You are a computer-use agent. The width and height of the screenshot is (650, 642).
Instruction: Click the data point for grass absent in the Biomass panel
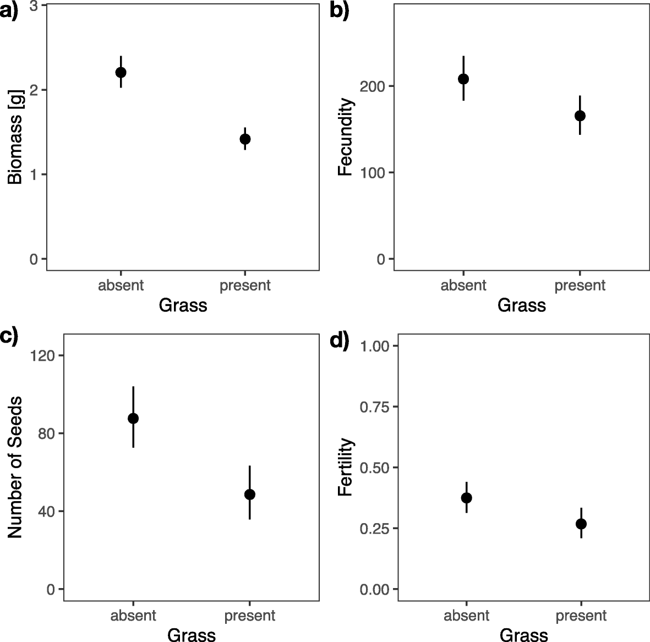[x=121, y=72]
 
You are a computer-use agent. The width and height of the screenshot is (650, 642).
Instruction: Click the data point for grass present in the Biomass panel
[x=245, y=139]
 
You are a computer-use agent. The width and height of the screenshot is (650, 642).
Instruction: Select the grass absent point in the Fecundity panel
[x=463, y=79]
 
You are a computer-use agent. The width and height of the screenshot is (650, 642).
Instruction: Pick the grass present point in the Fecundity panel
[x=580, y=116]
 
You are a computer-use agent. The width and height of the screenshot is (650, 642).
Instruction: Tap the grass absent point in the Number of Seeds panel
[x=133, y=418]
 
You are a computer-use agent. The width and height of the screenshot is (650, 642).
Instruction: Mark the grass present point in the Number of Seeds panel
[x=249, y=494]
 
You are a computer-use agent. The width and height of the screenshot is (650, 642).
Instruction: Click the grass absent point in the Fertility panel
[x=467, y=498]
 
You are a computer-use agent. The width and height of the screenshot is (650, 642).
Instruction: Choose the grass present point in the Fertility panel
[x=581, y=524]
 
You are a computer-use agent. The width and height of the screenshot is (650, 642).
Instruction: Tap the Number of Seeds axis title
[x=15, y=466]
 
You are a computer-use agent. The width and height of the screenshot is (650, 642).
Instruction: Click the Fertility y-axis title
[x=345, y=467]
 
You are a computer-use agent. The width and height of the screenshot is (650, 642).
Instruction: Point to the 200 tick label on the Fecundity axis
[x=371, y=86]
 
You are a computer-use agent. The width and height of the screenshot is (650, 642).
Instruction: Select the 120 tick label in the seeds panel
[x=43, y=355]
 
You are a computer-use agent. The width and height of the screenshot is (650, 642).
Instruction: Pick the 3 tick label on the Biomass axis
[x=34, y=6]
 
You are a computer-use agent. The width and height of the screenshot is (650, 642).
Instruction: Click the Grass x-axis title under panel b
[x=521, y=305]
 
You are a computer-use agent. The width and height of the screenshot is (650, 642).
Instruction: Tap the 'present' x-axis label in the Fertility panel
[x=581, y=616]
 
